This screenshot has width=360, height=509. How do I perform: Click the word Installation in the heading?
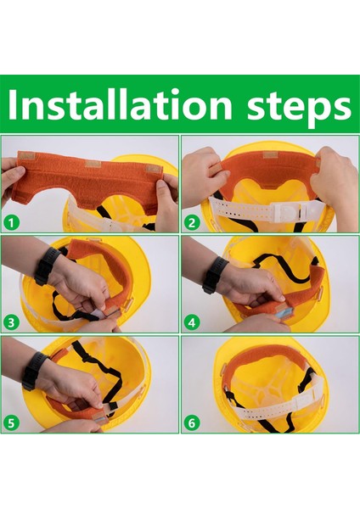tap(119, 106)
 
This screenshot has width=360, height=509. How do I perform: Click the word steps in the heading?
tap(292, 106)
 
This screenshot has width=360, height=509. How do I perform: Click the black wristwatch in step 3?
tap(46, 265)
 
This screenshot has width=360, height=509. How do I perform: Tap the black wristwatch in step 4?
tap(214, 273)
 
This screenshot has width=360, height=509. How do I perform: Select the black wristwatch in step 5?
tap(35, 370)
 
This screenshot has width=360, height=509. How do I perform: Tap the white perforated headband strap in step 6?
tap(255, 412)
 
